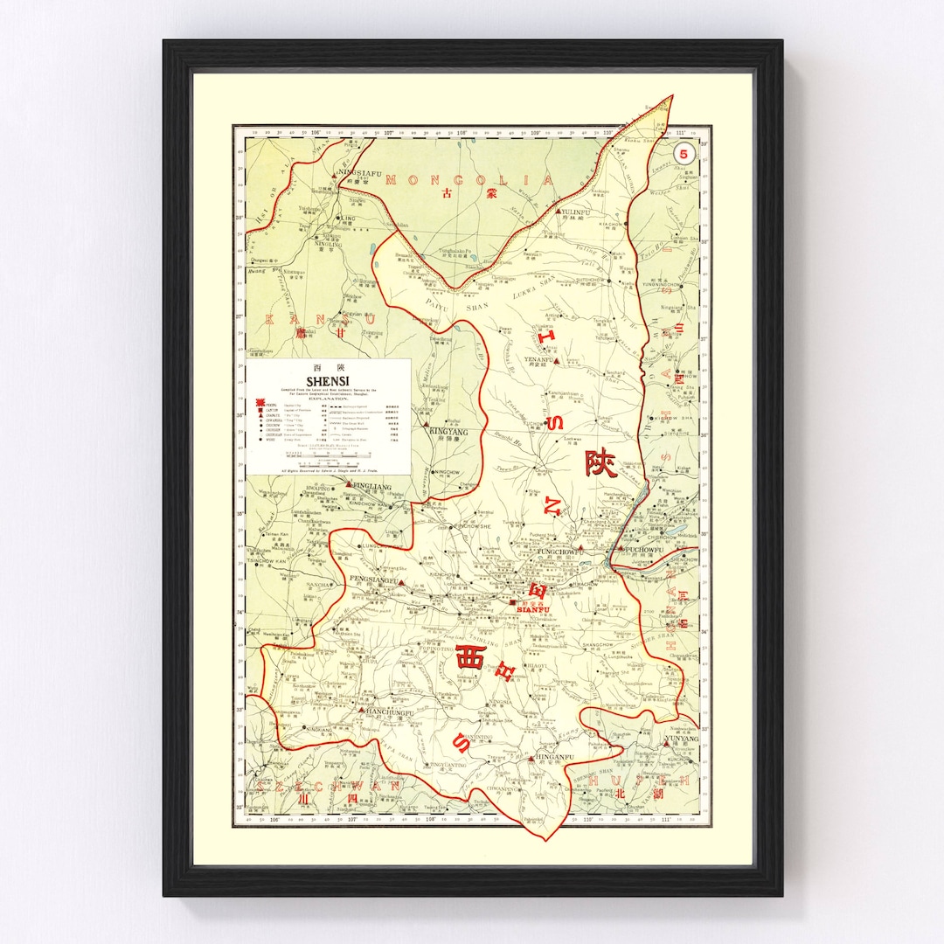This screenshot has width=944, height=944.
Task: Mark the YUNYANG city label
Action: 682,739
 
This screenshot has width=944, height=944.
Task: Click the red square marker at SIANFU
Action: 513,601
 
